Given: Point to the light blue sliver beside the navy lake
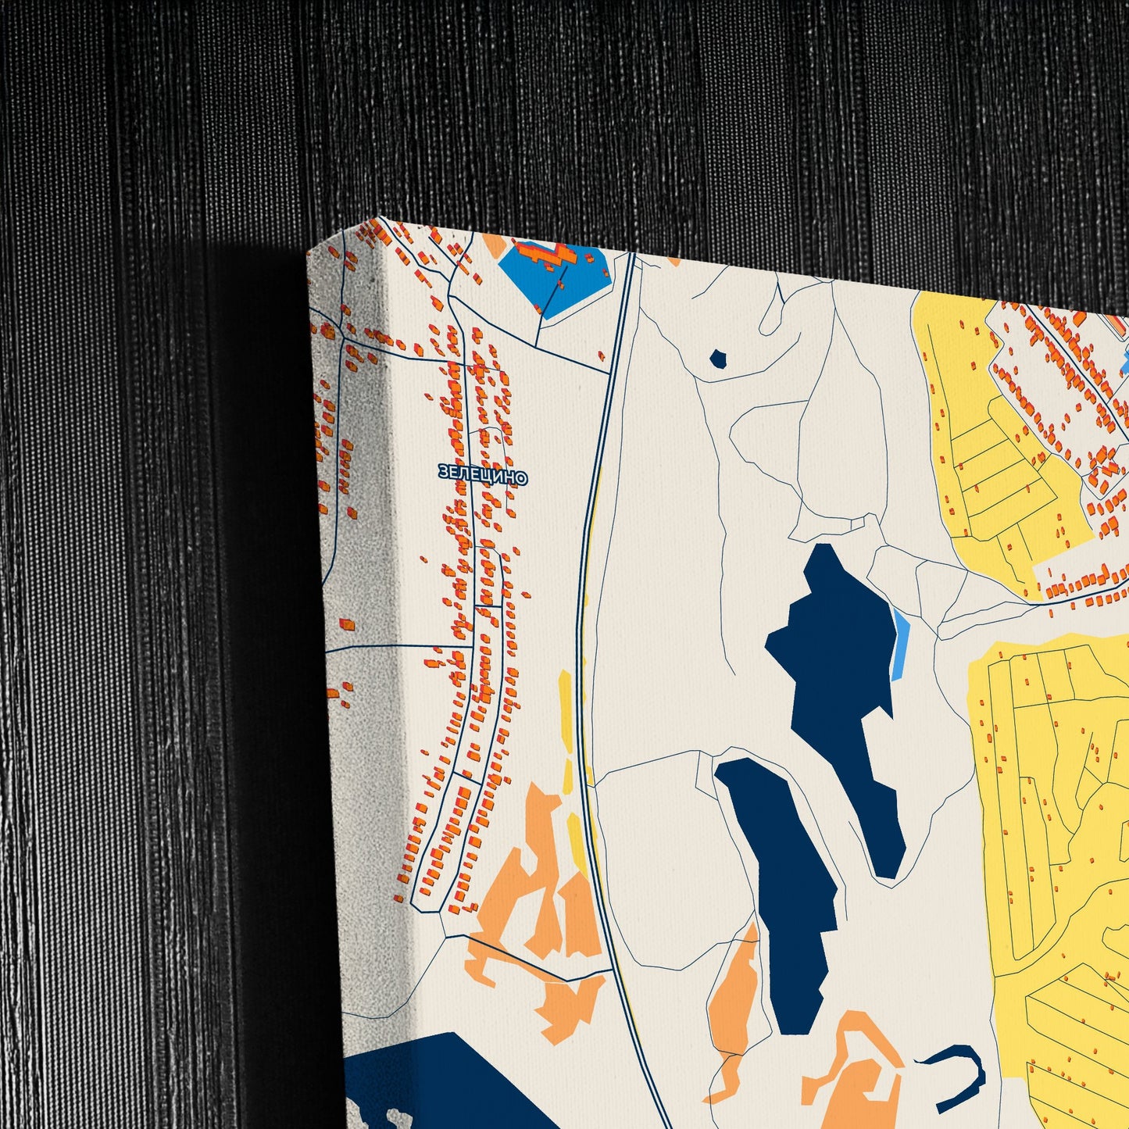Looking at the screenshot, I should [x=901, y=645].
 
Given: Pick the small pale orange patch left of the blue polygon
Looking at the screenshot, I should [x=495, y=245].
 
